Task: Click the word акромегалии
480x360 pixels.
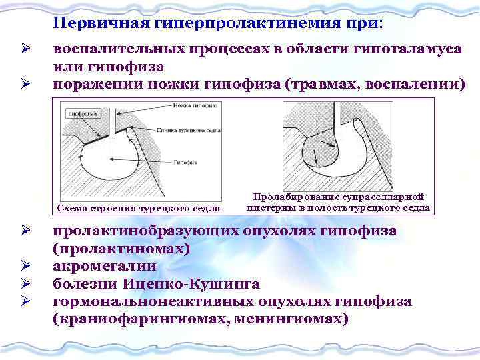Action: point(105,267)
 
